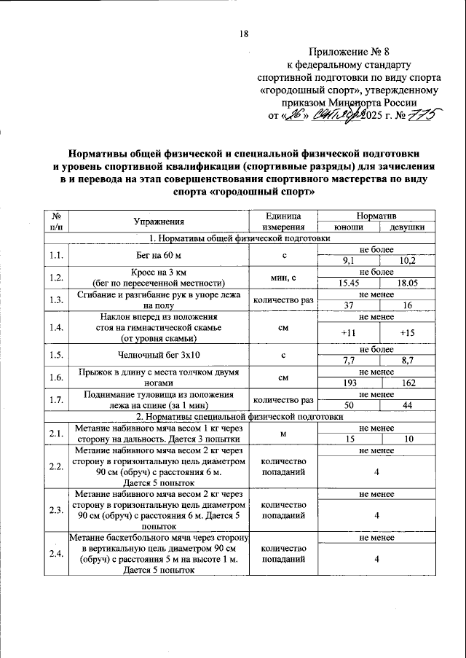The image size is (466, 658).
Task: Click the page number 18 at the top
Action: pos(244,34)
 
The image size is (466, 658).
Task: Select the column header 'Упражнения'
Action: pos(158,222)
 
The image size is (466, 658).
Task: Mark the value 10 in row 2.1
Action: pos(408,439)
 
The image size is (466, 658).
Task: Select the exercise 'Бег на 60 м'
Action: pos(158,255)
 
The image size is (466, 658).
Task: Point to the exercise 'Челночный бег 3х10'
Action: pos(158,356)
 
